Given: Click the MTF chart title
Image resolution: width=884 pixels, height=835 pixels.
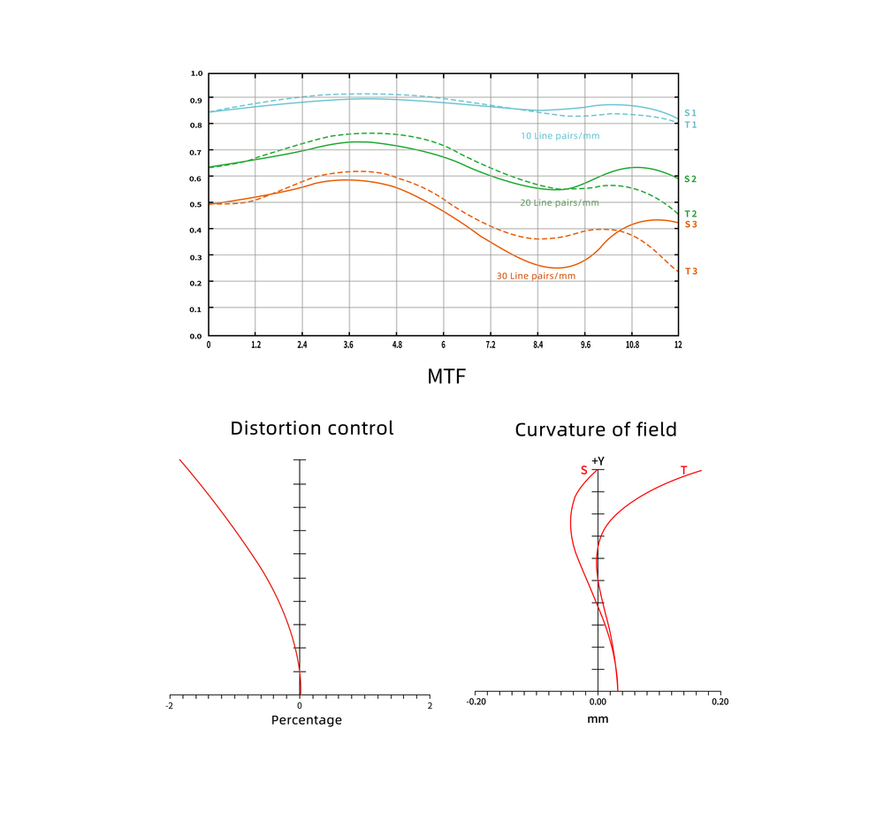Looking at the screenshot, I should point(446,376).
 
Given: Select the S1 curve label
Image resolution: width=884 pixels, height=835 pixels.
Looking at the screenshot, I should point(690,113).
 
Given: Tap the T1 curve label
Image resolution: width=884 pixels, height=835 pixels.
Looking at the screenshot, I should point(690,125).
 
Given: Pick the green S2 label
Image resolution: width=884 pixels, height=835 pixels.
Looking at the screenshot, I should point(690,179).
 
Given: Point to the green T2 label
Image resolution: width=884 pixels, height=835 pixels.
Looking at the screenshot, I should point(690,214).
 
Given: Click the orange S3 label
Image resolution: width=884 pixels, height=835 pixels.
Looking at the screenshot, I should point(690,224).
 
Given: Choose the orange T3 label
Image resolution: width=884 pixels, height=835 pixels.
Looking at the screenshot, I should point(690,271).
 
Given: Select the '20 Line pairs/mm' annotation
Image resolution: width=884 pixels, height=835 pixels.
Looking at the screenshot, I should point(559,203).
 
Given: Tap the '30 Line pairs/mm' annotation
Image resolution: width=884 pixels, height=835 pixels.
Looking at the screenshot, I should point(536,277).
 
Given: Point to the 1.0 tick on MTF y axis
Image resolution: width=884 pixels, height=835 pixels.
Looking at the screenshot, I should point(196,73).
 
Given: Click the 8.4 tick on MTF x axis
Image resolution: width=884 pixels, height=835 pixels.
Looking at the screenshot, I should point(537,345).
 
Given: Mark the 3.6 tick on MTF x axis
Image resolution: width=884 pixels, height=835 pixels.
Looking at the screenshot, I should point(349,345).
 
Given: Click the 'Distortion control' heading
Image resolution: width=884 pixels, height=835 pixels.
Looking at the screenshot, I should point(312,429).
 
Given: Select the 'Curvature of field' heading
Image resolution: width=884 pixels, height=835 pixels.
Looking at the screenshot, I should point(596,430).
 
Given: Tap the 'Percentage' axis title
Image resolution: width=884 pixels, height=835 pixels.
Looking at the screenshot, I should point(306,720).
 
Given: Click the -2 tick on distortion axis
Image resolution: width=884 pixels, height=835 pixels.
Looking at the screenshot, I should point(170,704).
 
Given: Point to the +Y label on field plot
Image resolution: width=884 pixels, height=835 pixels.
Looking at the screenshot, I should point(598,460).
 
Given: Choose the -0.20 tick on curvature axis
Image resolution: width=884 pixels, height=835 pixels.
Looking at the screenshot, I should point(476,702).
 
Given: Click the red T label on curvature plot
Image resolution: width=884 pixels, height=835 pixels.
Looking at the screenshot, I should point(683,471).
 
